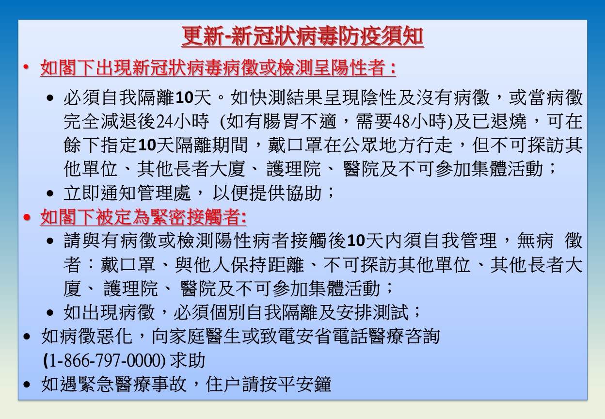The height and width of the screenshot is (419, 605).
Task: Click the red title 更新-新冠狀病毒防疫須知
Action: (302, 36)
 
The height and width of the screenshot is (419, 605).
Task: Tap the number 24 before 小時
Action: (164, 121)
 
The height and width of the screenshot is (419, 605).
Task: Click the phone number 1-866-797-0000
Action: (105, 360)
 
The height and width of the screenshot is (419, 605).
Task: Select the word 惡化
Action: (114, 336)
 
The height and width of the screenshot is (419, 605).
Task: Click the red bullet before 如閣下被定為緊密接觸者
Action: (27, 217)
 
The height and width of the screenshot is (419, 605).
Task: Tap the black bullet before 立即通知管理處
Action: (50, 193)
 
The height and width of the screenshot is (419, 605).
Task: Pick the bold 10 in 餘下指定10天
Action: (147, 145)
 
